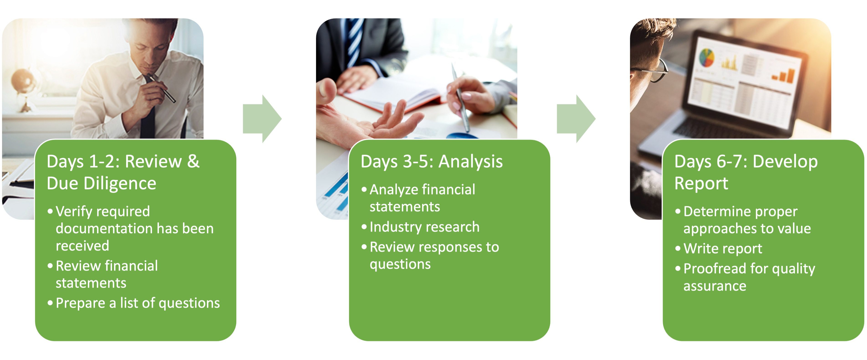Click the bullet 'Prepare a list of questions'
click(x=137, y=303)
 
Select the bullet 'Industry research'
click(x=424, y=227)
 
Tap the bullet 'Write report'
click(x=722, y=249)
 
